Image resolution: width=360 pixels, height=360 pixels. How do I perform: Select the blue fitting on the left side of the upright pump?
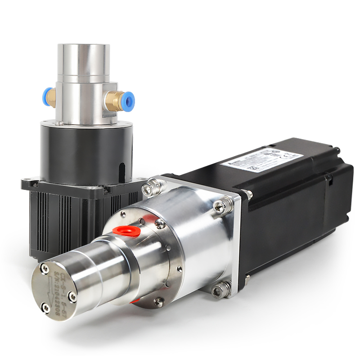pos(47,98)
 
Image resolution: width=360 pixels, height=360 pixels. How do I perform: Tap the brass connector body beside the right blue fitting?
pos(116,101)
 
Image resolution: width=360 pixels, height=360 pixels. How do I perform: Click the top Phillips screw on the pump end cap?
pos(44,268)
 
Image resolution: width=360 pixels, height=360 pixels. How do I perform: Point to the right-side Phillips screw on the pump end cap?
pos(72,296)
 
